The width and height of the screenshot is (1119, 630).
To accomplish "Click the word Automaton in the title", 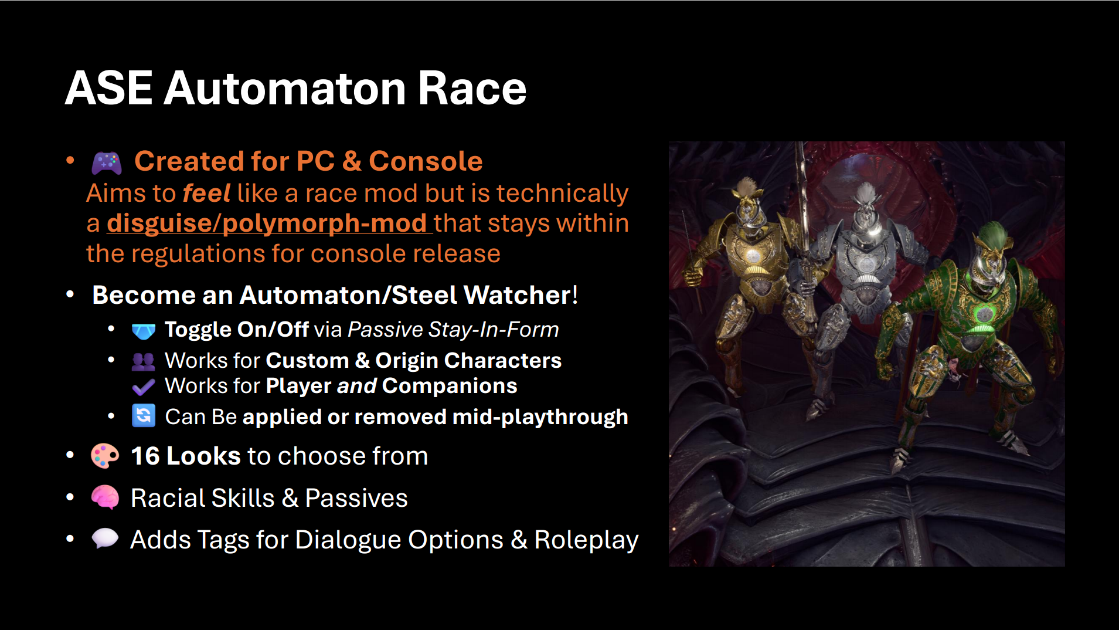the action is coord(285,89).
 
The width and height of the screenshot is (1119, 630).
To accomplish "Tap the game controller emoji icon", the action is coord(107,162).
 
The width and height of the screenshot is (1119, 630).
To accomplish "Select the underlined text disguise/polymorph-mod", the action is coord(267,223).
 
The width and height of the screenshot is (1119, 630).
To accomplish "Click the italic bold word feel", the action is coord(207,193).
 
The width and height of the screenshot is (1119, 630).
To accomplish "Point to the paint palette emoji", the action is coord(106,456).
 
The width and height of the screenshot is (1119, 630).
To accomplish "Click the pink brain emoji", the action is coord(106,497).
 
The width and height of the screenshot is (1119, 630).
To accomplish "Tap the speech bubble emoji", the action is coord(106,538).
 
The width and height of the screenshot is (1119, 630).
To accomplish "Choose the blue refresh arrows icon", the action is coord(144,416).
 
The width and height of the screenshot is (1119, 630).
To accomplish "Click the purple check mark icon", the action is coord(144,387).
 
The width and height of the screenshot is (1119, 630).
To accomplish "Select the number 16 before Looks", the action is coord(145,456).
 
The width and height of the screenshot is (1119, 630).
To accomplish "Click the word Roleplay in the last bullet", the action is coord(586,540).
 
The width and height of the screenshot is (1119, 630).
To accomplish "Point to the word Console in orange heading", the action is coord(426,161).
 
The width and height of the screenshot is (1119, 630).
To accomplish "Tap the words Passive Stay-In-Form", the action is coord(453,330).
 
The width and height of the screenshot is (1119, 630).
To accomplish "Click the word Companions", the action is coord(450,386).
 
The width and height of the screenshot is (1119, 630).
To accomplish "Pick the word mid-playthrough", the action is coord(540,417).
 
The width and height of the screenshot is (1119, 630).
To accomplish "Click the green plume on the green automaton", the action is coord(993,234).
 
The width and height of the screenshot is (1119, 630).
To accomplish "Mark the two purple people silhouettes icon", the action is coord(144,361).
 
